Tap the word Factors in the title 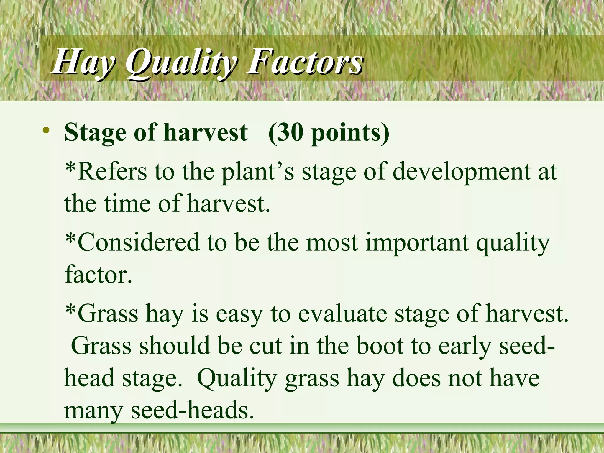pos(305,62)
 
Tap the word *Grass pos(102,313)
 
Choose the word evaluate pos(342,313)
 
